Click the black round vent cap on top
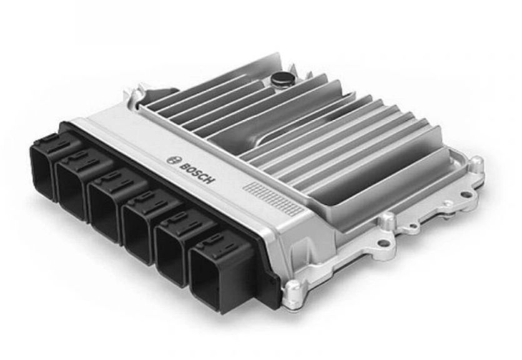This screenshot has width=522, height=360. pos(281,79)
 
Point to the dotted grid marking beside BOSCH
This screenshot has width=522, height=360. pos(275,197)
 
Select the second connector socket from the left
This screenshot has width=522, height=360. pos(74,186)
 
